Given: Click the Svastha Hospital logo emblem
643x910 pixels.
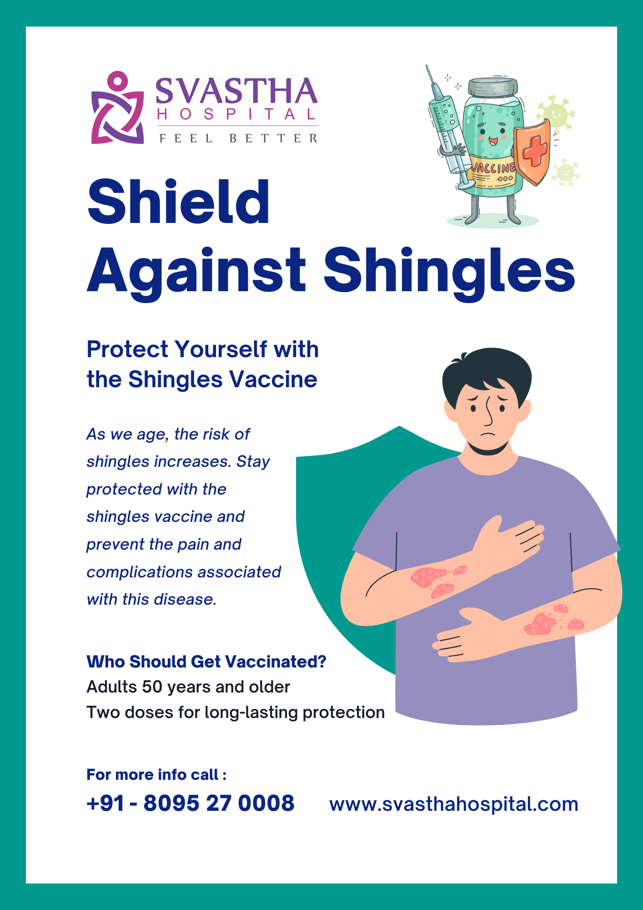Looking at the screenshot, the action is (117, 108).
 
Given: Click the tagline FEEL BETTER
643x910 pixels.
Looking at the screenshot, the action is (238, 138).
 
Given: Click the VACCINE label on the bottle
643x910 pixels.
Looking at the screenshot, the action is (493, 168).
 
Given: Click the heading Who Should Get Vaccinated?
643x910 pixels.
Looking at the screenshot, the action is (206, 662).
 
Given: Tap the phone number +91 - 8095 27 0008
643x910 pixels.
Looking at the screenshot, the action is (191, 803).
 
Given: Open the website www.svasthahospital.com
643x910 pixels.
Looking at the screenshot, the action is (454, 804).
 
